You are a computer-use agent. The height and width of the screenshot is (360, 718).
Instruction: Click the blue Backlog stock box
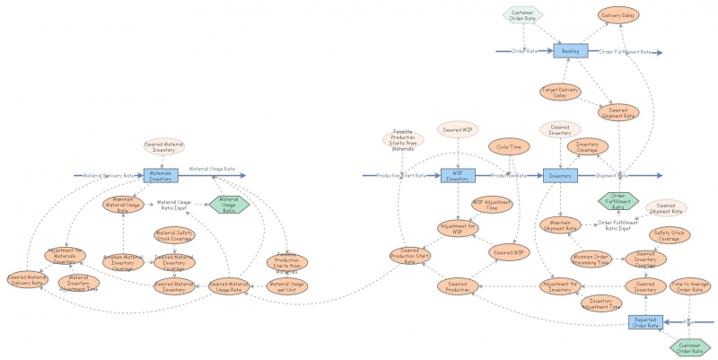pos(570,51)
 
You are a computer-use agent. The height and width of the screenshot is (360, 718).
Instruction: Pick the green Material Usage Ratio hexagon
pos(230,204)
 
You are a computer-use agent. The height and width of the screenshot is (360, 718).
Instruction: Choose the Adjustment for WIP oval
pos(458,227)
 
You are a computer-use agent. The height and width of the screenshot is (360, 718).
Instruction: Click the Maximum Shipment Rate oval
pos(561,225)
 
